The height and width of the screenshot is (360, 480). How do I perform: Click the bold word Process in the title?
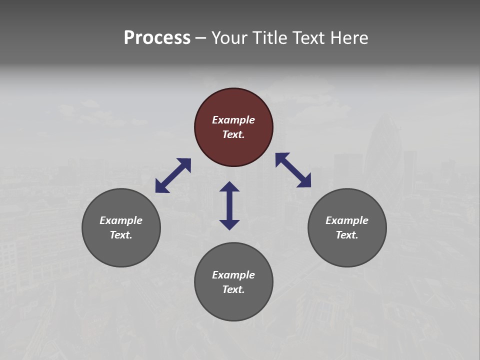click(157, 38)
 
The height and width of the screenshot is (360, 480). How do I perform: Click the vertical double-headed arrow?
click(229, 205)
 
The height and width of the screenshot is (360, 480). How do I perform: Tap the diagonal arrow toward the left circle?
click(173, 175)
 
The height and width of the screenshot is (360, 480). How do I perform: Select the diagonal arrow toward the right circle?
click(293, 170)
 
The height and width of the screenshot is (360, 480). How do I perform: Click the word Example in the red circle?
click(233, 120)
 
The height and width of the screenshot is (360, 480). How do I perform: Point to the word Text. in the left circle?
click(121, 235)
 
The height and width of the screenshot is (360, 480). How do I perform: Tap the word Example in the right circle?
click(347, 220)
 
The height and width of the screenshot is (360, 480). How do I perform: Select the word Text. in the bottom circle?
click(233, 289)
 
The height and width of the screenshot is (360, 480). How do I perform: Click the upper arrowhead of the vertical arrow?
click(229, 186)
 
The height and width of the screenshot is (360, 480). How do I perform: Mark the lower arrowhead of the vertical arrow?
click(229, 224)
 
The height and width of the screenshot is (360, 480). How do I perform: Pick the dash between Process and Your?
click(200, 38)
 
